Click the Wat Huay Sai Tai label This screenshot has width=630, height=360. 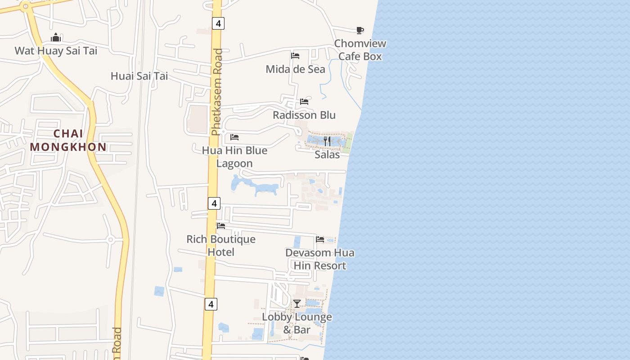point(56,50)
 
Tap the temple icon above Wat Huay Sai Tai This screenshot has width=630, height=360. point(56,37)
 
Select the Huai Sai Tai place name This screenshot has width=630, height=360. point(139,76)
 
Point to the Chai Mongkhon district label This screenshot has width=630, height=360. point(68,140)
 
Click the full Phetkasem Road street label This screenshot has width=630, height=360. point(217,92)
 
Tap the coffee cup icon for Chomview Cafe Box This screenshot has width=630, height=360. point(360,31)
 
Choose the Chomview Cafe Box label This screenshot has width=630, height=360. point(360,50)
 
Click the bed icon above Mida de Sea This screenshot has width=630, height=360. point(295,56)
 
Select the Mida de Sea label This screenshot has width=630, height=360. point(295,69)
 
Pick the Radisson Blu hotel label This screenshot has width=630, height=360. point(304,115)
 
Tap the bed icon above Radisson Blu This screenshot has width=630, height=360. point(304,102)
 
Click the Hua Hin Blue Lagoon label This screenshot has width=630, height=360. point(234,157)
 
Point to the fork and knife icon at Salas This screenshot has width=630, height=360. point(327,141)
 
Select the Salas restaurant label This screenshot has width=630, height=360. point(327,154)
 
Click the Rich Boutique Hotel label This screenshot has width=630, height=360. point(221,245)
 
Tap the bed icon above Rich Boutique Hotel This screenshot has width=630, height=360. point(221,226)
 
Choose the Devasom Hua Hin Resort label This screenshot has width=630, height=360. point(320,259)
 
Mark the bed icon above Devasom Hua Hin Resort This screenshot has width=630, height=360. point(320,239)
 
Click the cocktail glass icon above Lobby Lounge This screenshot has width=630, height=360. point(297,304)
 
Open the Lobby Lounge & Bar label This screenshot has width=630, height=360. point(297,323)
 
